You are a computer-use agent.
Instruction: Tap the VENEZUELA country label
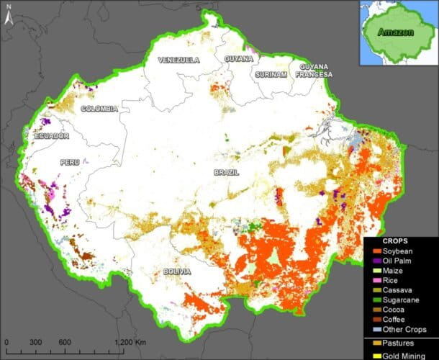click(178, 60)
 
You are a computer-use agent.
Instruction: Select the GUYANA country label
click(238, 58)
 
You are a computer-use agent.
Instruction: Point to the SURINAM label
click(271, 74)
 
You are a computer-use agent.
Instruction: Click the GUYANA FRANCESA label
click(312, 71)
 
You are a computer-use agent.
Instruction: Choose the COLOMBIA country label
click(99, 109)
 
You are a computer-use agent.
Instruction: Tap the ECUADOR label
click(51, 135)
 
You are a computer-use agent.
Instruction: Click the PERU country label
click(69, 162)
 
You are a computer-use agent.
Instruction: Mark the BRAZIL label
click(227, 173)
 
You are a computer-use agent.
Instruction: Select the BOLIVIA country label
click(176, 271)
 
